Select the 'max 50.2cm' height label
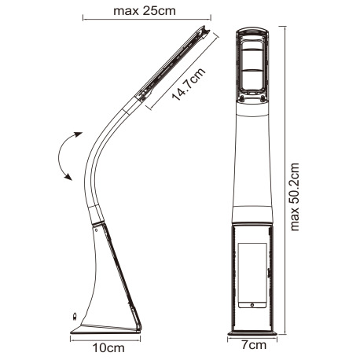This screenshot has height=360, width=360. [296, 197]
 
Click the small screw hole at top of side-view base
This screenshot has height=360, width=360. [96, 231]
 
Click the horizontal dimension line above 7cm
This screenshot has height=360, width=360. [252, 336]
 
